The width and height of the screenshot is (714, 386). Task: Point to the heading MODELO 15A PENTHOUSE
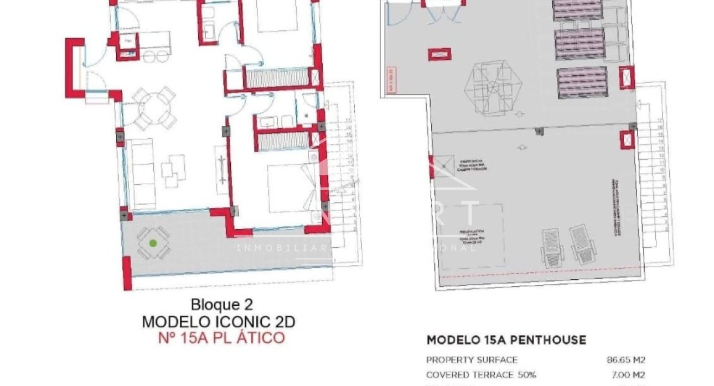[506, 340]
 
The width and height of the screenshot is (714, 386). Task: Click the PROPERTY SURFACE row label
[472, 360]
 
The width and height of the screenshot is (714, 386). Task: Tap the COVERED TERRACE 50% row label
[481, 374]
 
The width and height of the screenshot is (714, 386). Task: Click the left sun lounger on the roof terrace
[552, 247]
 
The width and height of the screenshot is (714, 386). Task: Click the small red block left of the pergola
[439, 54]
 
